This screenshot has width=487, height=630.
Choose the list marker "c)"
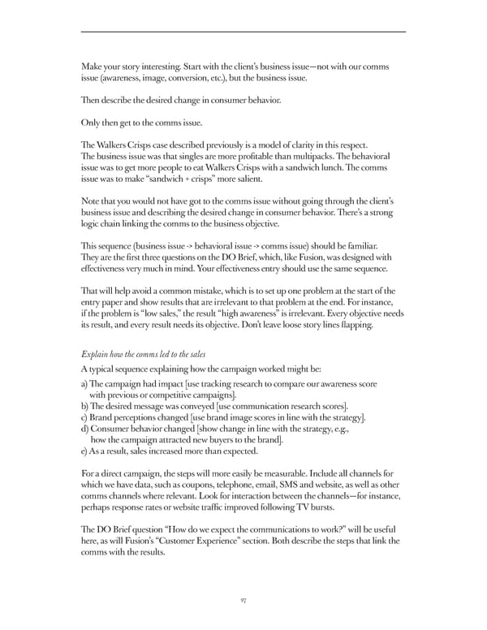86,417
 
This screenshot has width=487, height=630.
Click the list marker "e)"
86,451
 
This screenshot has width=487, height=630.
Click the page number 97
243,601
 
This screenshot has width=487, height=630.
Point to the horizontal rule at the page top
243,32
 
